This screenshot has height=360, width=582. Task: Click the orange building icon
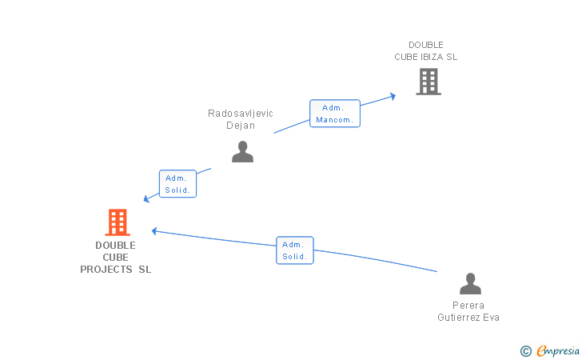(x=118, y=222)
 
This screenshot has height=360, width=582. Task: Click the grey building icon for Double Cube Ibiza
(x=429, y=82)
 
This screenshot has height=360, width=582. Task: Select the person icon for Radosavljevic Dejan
(x=242, y=151)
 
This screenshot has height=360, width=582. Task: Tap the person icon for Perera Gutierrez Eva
(x=470, y=283)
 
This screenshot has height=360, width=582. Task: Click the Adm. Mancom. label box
(x=335, y=114)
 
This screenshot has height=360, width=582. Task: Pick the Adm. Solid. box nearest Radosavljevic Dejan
(x=177, y=183)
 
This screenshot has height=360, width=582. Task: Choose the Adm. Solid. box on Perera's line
(x=295, y=250)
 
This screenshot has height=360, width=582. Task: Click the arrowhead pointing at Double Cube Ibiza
(x=393, y=97)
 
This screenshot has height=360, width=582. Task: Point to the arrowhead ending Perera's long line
(x=154, y=231)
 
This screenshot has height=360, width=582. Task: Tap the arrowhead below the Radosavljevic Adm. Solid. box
(x=146, y=199)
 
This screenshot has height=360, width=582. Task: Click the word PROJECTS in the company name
(x=106, y=270)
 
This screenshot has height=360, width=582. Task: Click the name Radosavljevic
(x=241, y=114)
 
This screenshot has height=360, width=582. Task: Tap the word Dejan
(x=241, y=126)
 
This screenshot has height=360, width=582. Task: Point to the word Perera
(x=468, y=306)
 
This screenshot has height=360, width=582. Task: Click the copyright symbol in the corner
(x=525, y=351)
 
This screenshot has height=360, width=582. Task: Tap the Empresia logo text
(x=558, y=351)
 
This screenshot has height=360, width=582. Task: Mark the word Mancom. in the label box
(x=334, y=120)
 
